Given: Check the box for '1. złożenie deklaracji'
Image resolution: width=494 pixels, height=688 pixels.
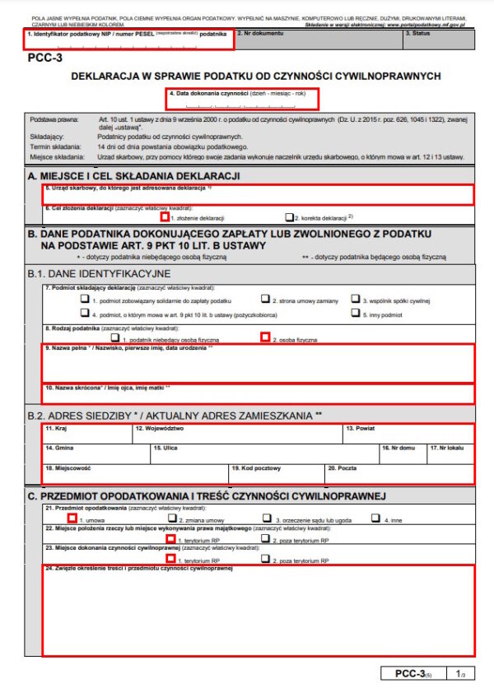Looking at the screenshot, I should click(x=165, y=217).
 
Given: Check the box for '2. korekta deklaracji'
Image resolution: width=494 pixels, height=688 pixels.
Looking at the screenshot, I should click(x=289, y=217).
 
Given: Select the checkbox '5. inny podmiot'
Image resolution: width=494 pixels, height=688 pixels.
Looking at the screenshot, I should click(x=356, y=313).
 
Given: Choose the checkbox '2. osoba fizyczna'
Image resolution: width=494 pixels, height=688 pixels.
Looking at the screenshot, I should click(x=265, y=337).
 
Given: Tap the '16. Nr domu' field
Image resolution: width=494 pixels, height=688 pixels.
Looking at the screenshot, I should click(x=401, y=453).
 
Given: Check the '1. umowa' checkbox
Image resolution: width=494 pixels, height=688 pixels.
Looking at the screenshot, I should click(x=73, y=519).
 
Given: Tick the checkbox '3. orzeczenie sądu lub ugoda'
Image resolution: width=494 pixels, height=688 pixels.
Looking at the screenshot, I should click(x=265, y=519).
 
